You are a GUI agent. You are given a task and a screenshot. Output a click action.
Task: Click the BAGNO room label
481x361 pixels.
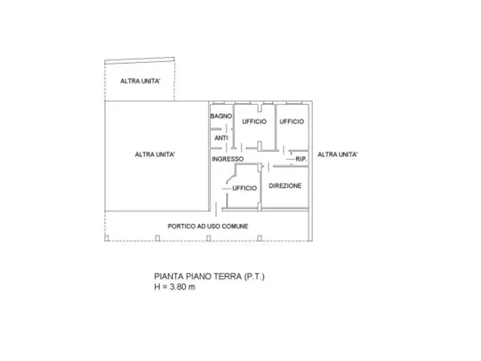[221, 116]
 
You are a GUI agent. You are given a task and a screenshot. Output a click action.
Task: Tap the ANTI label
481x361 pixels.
[221, 138]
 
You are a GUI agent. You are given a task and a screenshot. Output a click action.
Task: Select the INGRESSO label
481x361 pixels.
[227, 159]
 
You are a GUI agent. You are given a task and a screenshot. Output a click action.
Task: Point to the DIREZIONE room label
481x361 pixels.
[285, 186]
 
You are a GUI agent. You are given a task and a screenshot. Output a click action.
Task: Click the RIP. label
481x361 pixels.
[301, 159]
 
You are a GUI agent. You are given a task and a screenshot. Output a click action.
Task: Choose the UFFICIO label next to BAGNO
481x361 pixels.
[254, 121]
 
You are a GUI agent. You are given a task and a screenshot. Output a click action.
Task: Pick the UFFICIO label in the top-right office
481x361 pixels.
[292, 121]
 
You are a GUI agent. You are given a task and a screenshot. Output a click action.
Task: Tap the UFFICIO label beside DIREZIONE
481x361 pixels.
[244, 188]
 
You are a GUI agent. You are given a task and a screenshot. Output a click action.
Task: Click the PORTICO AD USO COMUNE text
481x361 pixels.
[208, 226]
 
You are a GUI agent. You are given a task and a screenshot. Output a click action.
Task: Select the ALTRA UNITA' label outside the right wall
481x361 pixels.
[337, 155]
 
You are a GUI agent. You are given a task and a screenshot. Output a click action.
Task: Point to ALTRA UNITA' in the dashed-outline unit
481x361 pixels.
[140, 81]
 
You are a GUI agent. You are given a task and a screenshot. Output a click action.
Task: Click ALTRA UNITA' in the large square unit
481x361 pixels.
[154, 155]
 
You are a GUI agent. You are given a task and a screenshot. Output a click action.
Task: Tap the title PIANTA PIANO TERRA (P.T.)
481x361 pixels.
[209, 276]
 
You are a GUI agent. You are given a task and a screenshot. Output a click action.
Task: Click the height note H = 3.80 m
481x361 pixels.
[174, 287]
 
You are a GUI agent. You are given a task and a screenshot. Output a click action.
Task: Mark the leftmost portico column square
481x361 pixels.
[107, 238]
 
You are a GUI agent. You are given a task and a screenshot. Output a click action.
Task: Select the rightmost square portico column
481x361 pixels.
[259, 238]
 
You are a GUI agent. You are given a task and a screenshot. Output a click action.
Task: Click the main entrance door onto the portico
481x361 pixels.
[216, 209]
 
